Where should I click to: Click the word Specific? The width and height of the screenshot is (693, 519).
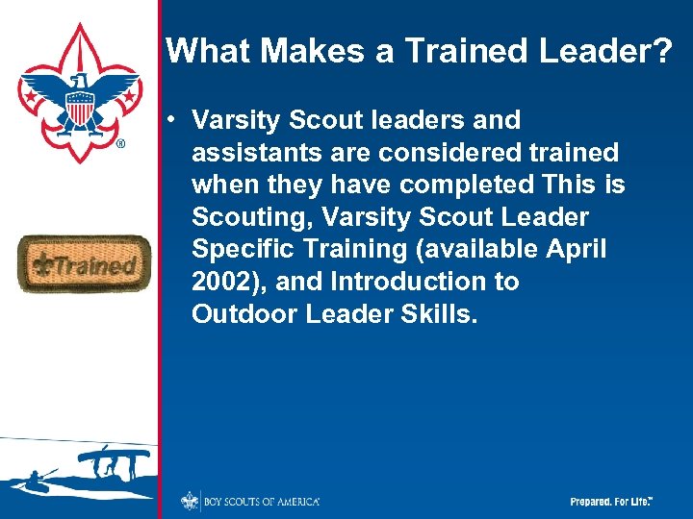pos(244,250)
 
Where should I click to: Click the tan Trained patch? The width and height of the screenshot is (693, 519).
pos(84,264)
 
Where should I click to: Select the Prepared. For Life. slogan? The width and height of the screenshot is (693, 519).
pos(611,502)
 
